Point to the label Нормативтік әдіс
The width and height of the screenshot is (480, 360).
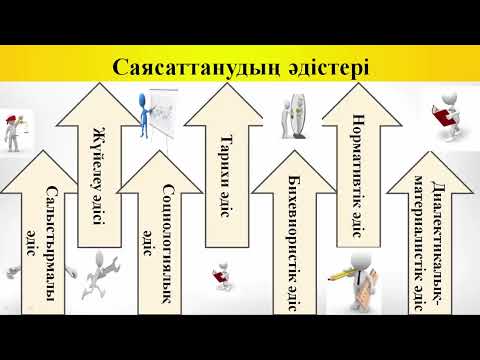[357, 178]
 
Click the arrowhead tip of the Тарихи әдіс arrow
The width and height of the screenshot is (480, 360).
[227, 88]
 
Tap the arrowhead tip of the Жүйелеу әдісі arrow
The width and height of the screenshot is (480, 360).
[98, 88]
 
